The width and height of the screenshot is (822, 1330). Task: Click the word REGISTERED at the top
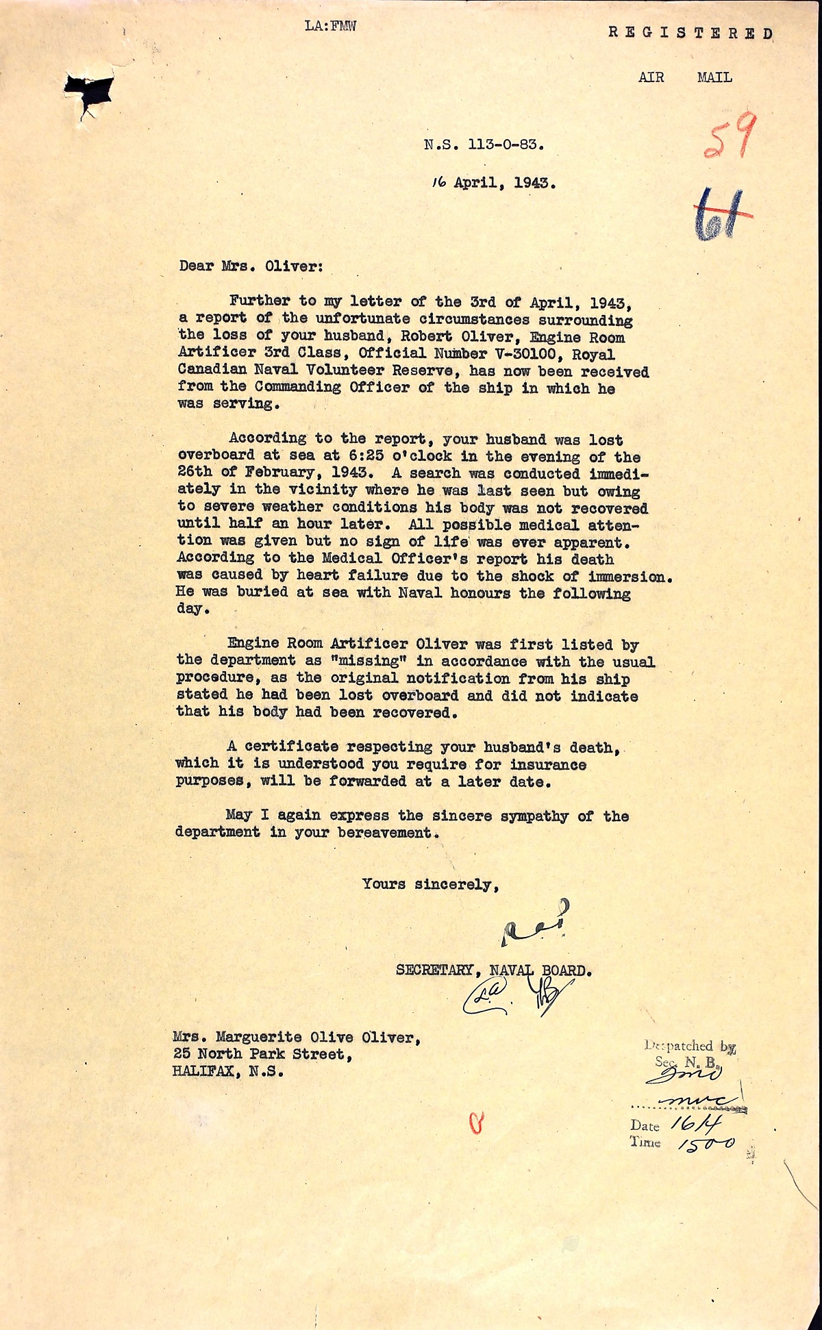point(690,33)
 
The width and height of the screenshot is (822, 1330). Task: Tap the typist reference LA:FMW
point(331,27)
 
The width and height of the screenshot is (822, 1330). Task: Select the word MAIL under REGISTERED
point(714,77)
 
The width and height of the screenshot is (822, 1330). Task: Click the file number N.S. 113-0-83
point(484,145)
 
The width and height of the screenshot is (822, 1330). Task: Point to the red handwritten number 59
point(731,137)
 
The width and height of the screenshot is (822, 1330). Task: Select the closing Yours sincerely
point(430,884)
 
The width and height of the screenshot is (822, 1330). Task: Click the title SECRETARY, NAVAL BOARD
point(494,970)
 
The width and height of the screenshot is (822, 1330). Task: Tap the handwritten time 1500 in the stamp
point(706,1143)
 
